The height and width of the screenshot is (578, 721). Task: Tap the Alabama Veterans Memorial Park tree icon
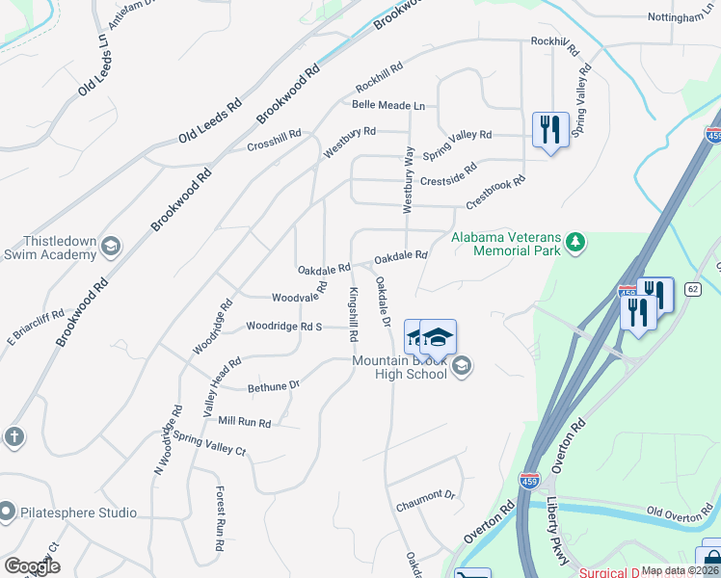click(x=575, y=241)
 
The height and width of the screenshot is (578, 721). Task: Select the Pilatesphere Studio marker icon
click(x=7, y=511)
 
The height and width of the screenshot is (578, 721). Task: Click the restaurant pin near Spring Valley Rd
click(x=548, y=130)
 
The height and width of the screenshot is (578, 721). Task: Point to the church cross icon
click(x=13, y=436)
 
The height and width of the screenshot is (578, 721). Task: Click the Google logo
click(x=32, y=566)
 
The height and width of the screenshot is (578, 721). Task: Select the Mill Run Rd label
click(x=244, y=422)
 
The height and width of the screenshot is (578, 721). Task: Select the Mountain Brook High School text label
click(x=399, y=367)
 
